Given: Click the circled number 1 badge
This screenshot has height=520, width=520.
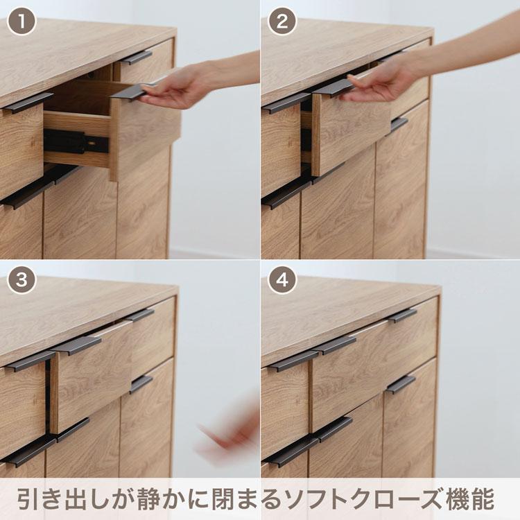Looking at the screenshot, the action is click(21, 22).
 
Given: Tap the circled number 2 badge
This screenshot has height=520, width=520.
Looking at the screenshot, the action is click(282, 22).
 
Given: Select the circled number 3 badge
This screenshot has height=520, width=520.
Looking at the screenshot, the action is click(21, 280).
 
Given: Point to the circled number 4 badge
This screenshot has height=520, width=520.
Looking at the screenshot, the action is click(282, 280).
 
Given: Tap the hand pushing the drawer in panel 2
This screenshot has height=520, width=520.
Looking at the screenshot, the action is click(381, 81).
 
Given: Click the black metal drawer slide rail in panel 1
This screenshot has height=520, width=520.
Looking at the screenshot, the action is click(76, 142).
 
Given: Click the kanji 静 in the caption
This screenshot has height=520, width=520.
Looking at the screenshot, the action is click(150, 498).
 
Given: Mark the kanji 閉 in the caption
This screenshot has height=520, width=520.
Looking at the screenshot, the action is click(224, 498).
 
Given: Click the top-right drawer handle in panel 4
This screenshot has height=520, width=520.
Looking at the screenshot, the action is click(402, 315).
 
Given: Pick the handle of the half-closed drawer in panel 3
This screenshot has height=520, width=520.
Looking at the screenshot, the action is click(76, 345).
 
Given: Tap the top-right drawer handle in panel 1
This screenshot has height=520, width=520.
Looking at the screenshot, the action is click(137, 58).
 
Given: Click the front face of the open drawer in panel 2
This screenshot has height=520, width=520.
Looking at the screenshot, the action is click(351, 132).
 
